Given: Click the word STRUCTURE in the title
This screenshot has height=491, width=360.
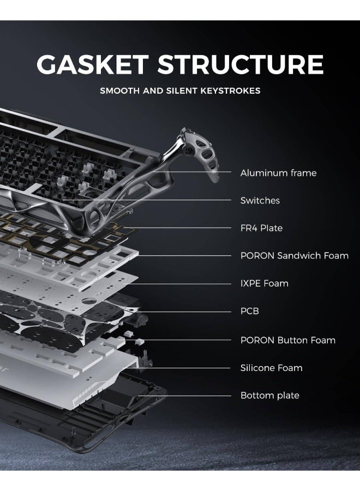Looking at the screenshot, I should (x=241, y=64).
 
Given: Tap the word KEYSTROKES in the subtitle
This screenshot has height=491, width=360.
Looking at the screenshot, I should (x=230, y=91).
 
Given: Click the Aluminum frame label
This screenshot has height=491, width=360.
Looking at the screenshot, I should (x=278, y=173).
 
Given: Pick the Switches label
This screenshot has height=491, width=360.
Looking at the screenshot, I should (x=260, y=201).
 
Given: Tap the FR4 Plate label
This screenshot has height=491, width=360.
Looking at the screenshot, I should (x=261, y=228).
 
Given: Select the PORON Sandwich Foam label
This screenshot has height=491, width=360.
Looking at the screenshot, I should (x=294, y=255).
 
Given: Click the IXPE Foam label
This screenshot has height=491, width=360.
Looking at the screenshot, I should (x=264, y=283).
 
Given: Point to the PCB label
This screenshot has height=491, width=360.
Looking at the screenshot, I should (x=249, y=311).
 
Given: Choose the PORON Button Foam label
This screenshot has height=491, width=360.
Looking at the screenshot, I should (x=287, y=340).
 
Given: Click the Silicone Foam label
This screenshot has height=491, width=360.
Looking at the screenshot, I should (x=271, y=368).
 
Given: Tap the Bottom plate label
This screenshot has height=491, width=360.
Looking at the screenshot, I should (x=269, y=395).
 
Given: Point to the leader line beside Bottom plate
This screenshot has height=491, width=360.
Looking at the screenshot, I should (x=185, y=395).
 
